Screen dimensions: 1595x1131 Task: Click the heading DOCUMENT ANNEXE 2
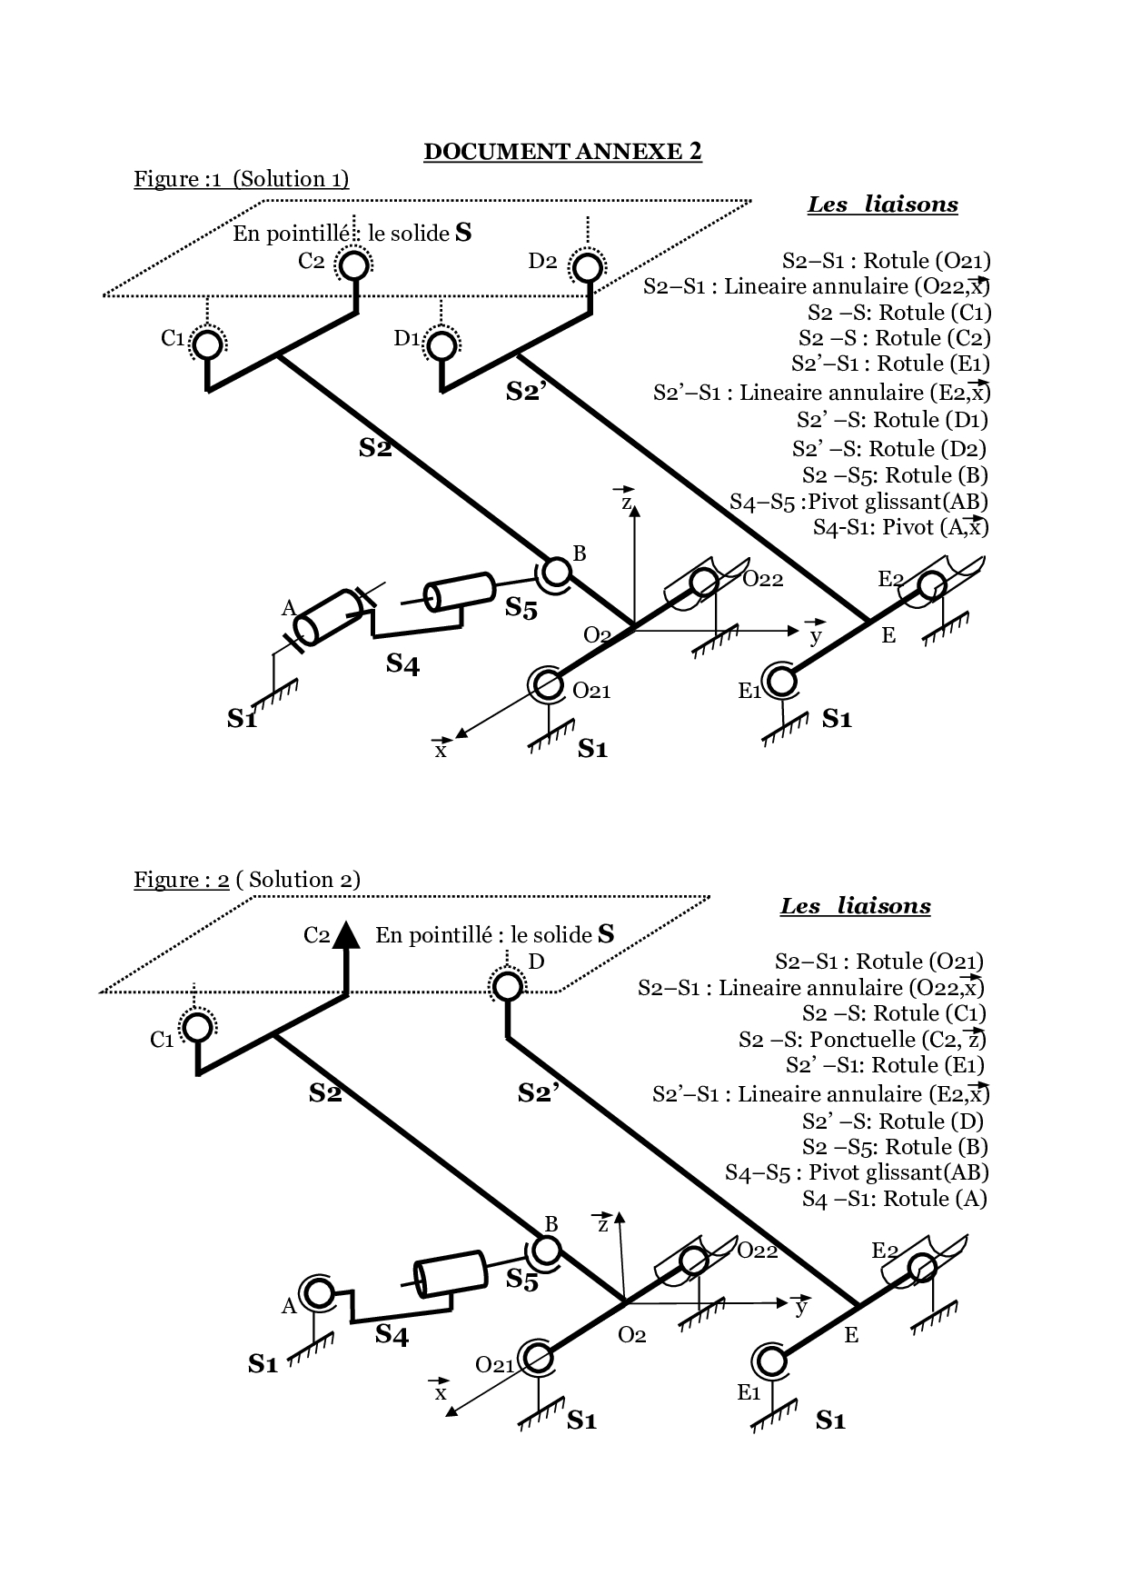pyautogui.click(x=562, y=151)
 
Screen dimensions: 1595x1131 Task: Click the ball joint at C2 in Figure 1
pyautogui.click(x=353, y=264)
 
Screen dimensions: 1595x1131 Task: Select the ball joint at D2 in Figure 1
pyautogui.click(x=587, y=267)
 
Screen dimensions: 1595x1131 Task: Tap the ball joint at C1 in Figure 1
pyautogui.click(x=207, y=344)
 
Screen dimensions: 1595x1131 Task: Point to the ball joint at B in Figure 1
pyautogui.click(x=555, y=572)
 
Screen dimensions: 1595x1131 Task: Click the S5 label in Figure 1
pyautogui.click(x=521, y=608)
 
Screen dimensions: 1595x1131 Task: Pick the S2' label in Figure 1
pyautogui.click(x=526, y=393)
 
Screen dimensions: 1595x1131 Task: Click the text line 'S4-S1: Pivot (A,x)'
pyautogui.click(x=900, y=527)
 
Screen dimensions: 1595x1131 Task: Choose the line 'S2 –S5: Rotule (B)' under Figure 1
pyautogui.click(x=895, y=475)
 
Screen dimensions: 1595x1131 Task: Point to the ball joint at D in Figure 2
pyautogui.click(x=506, y=985)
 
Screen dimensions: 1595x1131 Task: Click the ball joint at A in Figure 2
pyautogui.click(x=318, y=1291)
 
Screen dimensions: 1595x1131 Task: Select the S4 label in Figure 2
pyautogui.click(x=392, y=1335)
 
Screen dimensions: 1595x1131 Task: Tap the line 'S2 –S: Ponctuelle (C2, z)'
pyautogui.click(x=862, y=1040)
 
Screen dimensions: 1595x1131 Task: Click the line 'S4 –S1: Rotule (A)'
pyautogui.click(x=894, y=1199)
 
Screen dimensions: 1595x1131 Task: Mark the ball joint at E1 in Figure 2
pyautogui.click(x=770, y=1361)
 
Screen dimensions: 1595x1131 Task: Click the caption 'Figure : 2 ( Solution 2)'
pyautogui.click(x=247, y=880)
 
